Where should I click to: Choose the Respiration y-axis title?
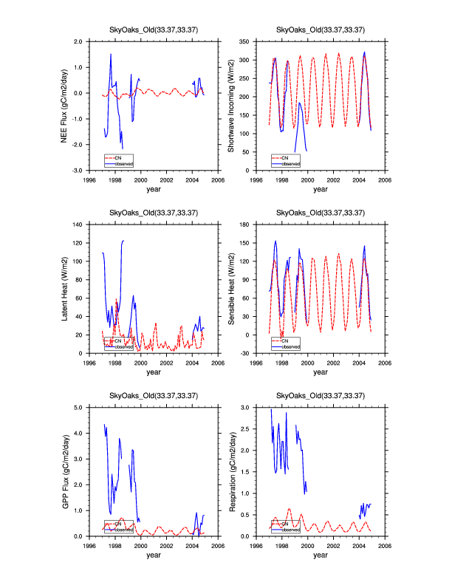click(x=231, y=471)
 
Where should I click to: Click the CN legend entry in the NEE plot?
click(x=117, y=157)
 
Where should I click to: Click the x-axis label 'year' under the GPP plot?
click(x=154, y=555)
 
